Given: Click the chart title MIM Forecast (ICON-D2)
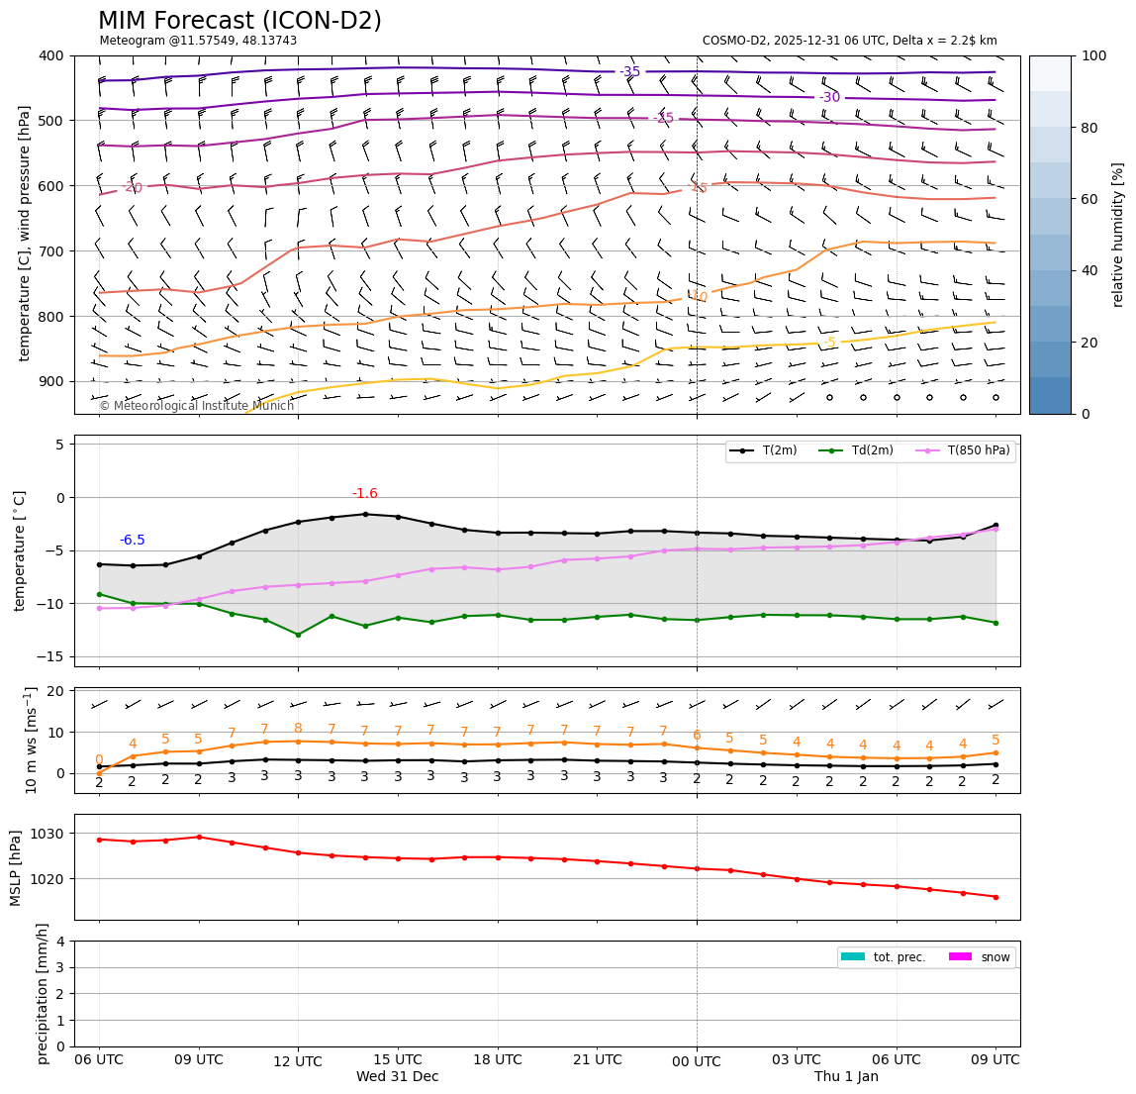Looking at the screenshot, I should (239, 21).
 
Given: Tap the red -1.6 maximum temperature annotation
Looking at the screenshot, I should (365, 494).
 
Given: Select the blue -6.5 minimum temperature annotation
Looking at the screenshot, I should (133, 541).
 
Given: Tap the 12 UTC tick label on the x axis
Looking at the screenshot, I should (298, 1060).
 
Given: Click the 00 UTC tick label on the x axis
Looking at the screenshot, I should (697, 1060).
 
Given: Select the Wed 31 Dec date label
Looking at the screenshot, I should (398, 1077).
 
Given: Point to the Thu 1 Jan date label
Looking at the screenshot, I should (846, 1077).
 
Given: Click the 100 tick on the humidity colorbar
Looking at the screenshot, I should (1093, 56).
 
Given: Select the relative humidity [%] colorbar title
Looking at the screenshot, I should (1118, 235).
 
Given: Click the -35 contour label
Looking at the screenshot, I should (630, 72).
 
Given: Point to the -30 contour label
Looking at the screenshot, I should (829, 97).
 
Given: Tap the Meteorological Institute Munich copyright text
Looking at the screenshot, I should (196, 406).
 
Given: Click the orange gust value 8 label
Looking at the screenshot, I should (298, 729).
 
